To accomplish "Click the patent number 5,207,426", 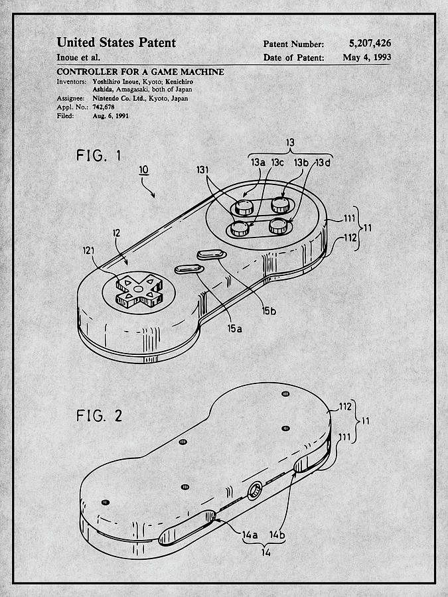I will (370, 44).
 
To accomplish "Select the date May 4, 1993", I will (366, 58).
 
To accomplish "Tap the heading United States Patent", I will (116, 42).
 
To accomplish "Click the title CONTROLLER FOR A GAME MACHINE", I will (140, 72).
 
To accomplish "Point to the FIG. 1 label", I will (99, 157).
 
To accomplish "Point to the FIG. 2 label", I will (100, 416).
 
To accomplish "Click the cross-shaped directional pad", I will (137, 290).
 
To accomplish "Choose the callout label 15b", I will (268, 310).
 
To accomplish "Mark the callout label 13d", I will (323, 163).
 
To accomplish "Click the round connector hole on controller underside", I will (254, 492).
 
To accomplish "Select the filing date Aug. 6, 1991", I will (110, 115).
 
